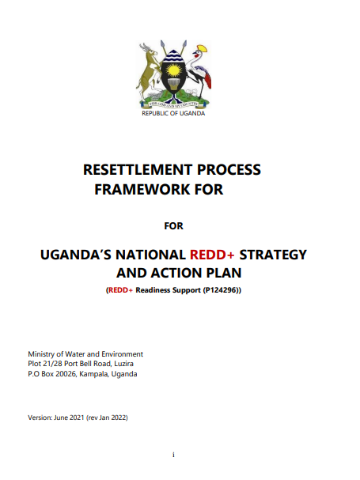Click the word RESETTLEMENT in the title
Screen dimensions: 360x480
[138, 169]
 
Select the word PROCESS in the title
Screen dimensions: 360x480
[229, 169]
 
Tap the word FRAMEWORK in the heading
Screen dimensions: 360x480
[142, 189]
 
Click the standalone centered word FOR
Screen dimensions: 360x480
[173, 226]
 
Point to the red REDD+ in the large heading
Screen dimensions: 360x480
[212, 255]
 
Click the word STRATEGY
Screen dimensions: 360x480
[273, 255]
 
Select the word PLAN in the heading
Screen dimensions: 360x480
[224, 273]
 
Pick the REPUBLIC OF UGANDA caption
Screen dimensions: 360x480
[173, 113]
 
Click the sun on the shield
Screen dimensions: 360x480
[173, 70]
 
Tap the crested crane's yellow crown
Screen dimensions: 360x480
[203, 49]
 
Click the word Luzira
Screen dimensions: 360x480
[123, 364]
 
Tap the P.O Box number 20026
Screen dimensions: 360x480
[66, 374]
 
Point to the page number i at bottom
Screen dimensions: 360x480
[173, 455]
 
